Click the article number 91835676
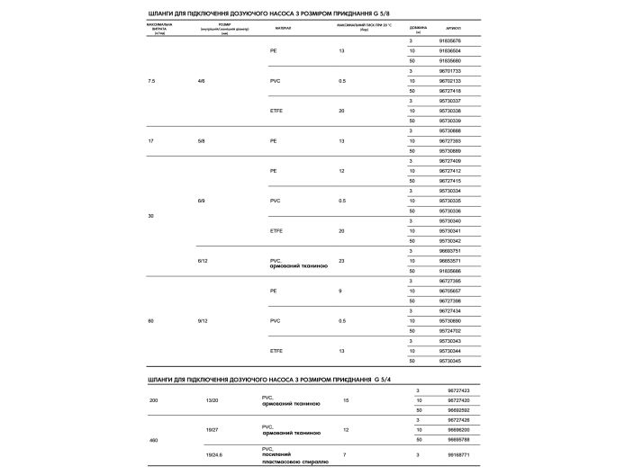[x=449, y=40]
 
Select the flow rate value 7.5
[x=151, y=81]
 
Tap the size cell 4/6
[x=201, y=81]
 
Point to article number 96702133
[x=449, y=80]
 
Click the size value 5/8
[x=201, y=140]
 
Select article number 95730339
[x=449, y=121]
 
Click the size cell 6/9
[x=201, y=201]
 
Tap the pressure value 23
[x=341, y=260]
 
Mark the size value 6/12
[x=203, y=260]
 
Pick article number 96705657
[x=449, y=291]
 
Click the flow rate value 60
[x=150, y=320]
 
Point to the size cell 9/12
[x=203, y=320]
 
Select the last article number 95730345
[x=449, y=361]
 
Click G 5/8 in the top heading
[x=358, y=13]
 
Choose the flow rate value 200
[x=154, y=399]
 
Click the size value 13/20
[x=213, y=399]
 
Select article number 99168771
[x=458, y=454]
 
